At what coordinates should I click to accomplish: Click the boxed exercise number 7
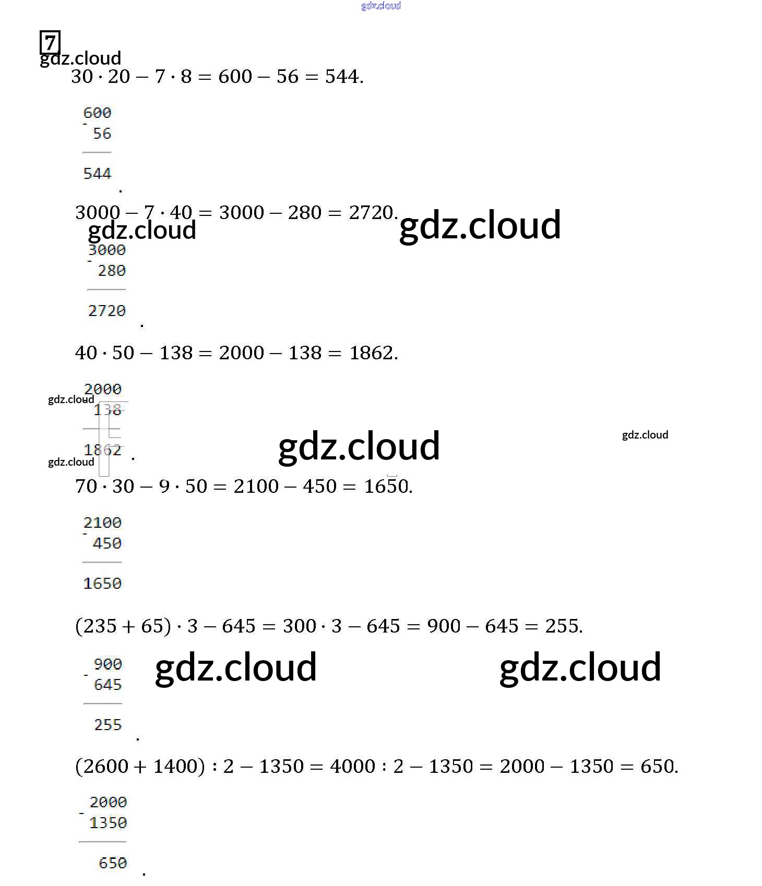pyautogui.click(x=50, y=42)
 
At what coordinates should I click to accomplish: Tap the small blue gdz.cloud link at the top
pyautogui.click(x=380, y=6)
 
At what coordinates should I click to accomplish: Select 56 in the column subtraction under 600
pyautogui.click(x=102, y=133)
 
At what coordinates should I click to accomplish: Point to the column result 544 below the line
pyautogui.click(x=97, y=174)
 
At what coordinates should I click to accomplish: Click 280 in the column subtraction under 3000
pyautogui.click(x=112, y=271)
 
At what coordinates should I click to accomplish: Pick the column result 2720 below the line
pyautogui.click(x=107, y=311)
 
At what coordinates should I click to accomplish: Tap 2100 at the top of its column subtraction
pyautogui.click(x=102, y=523)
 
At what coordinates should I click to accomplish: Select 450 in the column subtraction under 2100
pyautogui.click(x=107, y=543)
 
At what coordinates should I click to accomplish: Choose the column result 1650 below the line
pyautogui.click(x=102, y=584)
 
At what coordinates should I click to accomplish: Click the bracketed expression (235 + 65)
pyautogui.click(x=123, y=626)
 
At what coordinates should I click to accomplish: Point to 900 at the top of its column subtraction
pyautogui.click(x=108, y=664)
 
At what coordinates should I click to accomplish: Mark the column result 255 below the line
pyautogui.click(x=108, y=725)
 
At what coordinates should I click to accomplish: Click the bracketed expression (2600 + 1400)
pyautogui.click(x=140, y=766)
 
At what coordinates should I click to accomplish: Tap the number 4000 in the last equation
pyautogui.click(x=352, y=766)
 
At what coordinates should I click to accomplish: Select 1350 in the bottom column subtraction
pyautogui.click(x=108, y=823)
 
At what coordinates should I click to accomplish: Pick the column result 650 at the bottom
pyautogui.click(x=113, y=863)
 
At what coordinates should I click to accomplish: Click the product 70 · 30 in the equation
pyautogui.click(x=104, y=486)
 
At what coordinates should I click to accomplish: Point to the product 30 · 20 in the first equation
pyautogui.click(x=100, y=77)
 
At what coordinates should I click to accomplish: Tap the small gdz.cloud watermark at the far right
pyautogui.click(x=645, y=435)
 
